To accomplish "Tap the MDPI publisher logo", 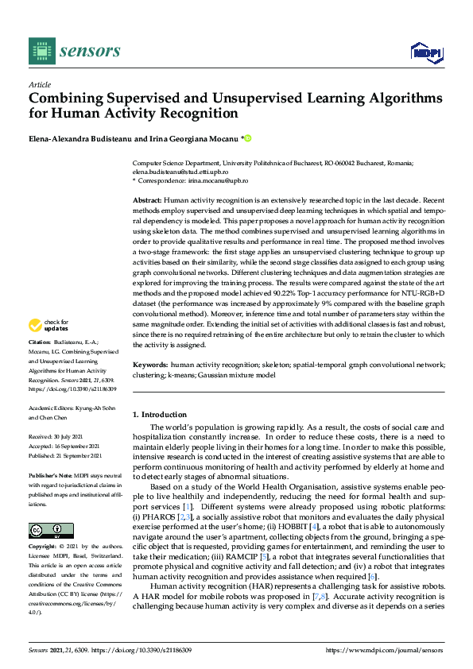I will (x=426, y=52).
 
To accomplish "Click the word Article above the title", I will (x=39, y=84).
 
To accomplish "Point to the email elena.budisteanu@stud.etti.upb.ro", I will (x=180, y=171).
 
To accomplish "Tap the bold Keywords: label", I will (x=150, y=363).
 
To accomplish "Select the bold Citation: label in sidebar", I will (x=41, y=363).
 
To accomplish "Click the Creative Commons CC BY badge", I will (x=51, y=531).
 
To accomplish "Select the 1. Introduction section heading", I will (x=160, y=414).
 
